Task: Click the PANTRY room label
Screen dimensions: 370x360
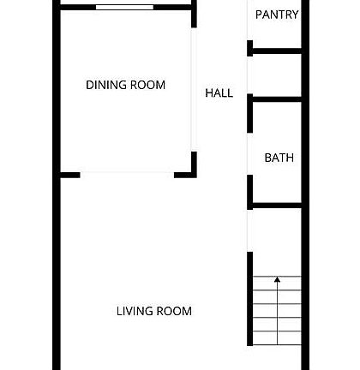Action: point(277,15)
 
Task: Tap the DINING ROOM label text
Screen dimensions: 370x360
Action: point(125,85)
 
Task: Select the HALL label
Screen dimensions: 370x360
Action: point(219,93)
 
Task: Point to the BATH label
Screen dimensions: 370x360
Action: point(279,158)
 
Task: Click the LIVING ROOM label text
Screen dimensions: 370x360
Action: point(153,311)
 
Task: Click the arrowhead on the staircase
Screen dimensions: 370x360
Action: point(277,279)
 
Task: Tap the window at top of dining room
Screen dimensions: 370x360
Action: point(125,7)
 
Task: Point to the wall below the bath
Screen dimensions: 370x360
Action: point(276,206)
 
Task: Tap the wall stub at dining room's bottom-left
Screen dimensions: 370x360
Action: point(69,175)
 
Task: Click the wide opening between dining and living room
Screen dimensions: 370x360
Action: point(127,175)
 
